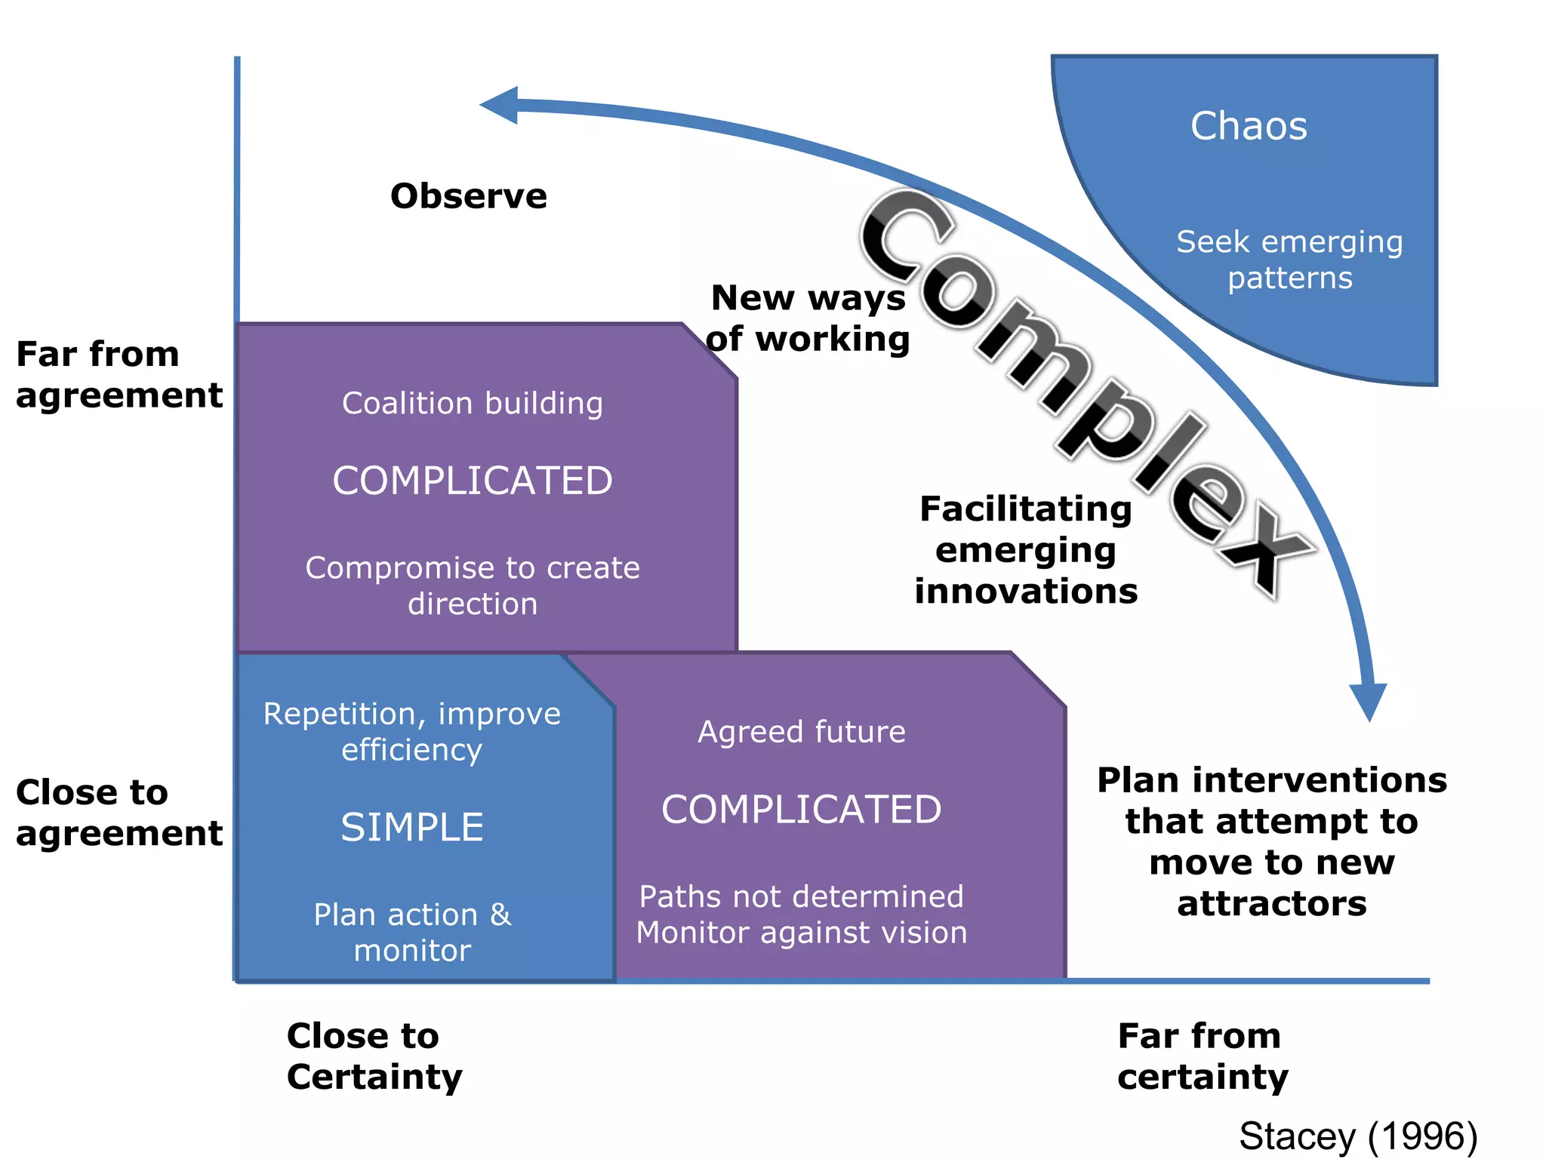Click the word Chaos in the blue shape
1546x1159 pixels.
pyautogui.click(x=1249, y=126)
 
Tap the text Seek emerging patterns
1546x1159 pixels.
pyautogui.click(x=1289, y=260)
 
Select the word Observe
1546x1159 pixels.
pyautogui.click(x=468, y=196)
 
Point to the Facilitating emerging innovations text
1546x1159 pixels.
pyautogui.click(x=1026, y=549)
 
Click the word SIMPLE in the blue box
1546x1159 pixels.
pyautogui.click(x=412, y=828)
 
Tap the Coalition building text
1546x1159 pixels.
pyautogui.click(x=473, y=403)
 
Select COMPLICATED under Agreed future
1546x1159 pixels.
pyautogui.click(x=801, y=810)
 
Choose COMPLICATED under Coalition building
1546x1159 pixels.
pyautogui.click(x=473, y=481)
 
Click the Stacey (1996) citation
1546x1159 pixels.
pyautogui.click(x=1358, y=1136)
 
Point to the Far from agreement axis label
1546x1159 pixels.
pyautogui.click(x=119, y=374)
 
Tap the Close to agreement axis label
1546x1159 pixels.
pyautogui.click(x=119, y=813)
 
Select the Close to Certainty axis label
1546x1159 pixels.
pyautogui.click(x=374, y=1056)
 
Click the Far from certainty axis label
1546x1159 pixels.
pyautogui.click(x=1203, y=1056)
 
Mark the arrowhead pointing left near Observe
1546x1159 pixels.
pyautogui.click(x=501, y=105)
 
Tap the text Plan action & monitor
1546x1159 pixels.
pyautogui.click(x=412, y=932)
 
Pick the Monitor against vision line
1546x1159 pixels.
pyautogui.click(x=801, y=933)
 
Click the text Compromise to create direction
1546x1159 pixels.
pyautogui.click(x=473, y=586)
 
